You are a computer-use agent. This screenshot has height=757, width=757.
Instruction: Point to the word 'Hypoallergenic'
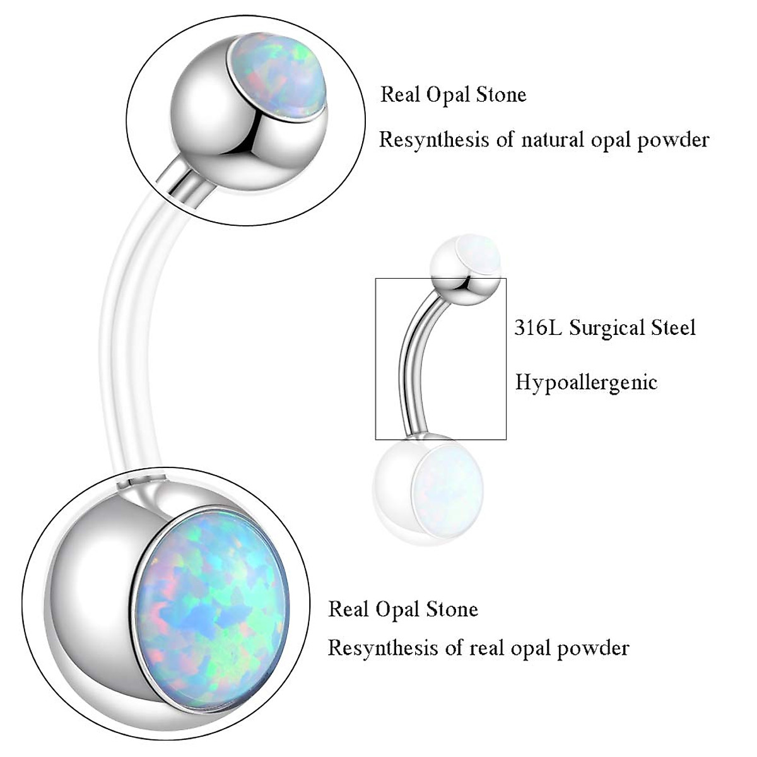pyautogui.click(x=586, y=382)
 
